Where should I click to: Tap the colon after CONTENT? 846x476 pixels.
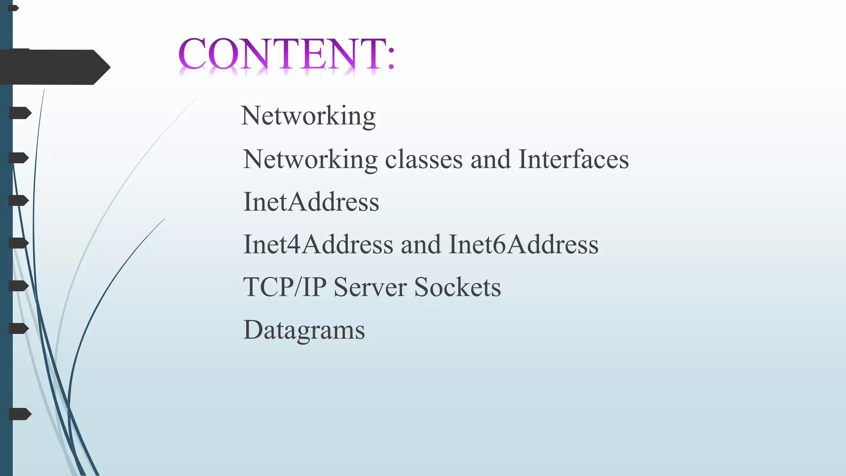[x=391, y=58]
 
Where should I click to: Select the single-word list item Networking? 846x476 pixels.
[x=308, y=116]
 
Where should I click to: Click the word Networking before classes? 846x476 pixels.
[x=310, y=159]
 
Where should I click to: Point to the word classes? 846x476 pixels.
[x=424, y=159]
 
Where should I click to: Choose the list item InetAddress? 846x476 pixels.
[x=311, y=202]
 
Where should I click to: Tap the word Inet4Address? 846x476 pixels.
[x=318, y=245]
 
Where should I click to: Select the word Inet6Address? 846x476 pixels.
[x=523, y=245]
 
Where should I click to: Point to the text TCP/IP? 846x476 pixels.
[x=285, y=287]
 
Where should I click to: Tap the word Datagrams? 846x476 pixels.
[x=304, y=330]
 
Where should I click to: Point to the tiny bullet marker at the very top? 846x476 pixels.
[x=13, y=8]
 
